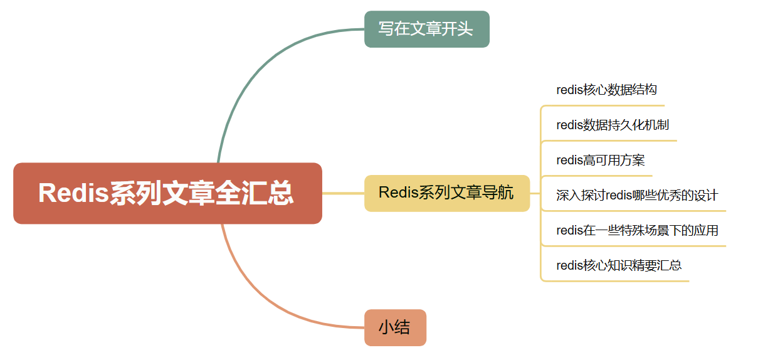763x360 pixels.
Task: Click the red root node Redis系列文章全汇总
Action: pos(167,193)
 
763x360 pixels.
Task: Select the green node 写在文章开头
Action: pos(426,29)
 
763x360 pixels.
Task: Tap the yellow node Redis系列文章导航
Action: pos(446,193)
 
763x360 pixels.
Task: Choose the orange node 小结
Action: pos(395,327)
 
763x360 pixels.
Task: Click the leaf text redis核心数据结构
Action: pos(606,90)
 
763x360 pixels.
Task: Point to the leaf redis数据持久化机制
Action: pos(613,125)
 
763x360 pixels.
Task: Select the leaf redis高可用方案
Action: pos(600,160)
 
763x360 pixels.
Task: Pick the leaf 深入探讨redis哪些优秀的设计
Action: pos(636,195)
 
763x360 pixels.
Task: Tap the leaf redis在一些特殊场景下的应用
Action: pos(637,230)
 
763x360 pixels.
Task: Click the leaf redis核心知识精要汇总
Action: pos(619,265)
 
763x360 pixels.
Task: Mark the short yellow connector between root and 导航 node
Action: pos(343,193)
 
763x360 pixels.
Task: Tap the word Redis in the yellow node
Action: pos(399,193)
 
